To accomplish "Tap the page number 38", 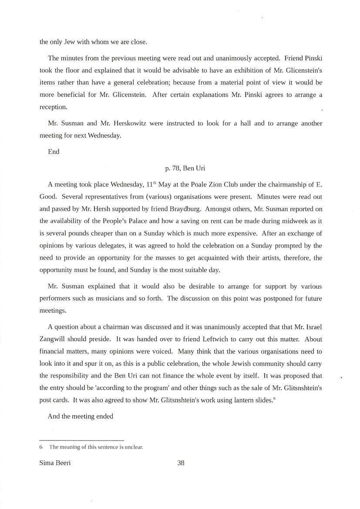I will [x=181, y=463].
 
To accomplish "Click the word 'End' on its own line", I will [x=54, y=152].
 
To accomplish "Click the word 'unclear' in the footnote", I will [x=134, y=447].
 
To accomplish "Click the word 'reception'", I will [x=53, y=107].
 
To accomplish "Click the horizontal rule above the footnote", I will [x=81, y=440].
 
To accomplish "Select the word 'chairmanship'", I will [x=293, y=184].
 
